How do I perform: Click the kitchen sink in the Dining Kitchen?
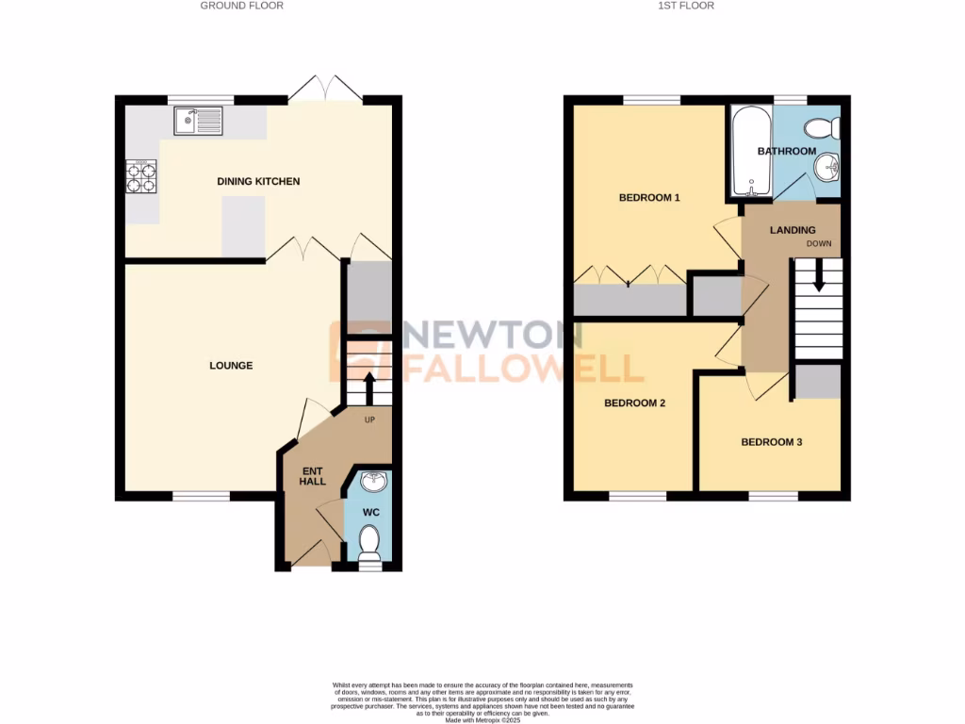[198, 122]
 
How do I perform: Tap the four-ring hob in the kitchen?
[141, 177]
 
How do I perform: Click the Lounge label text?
[231, 366]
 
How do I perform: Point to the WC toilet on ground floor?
[369, 544]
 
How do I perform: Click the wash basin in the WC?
[374, 481]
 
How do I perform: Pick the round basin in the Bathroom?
[827, 169]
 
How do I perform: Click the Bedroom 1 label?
[649, 198]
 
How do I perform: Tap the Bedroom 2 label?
[635, 403]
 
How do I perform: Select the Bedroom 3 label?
[771, 441]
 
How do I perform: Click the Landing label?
[793, 230]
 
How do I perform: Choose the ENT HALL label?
[313, 475]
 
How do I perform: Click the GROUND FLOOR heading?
[242, 6]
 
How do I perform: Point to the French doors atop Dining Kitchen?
[325, 90]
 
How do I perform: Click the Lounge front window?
[201, 494]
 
